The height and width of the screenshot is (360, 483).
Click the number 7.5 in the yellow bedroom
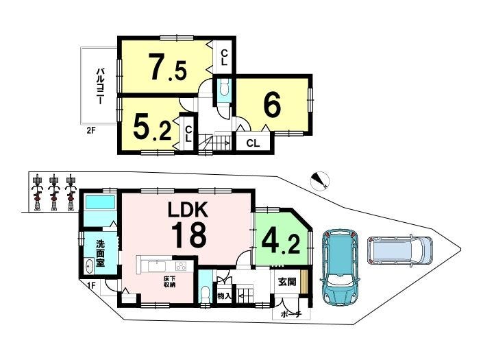(168, 67)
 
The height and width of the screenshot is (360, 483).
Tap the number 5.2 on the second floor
(152, 126)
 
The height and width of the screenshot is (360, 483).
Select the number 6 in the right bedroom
(272, 106)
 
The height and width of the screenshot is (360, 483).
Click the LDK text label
(188, 210)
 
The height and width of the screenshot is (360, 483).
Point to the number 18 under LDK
(188, 235)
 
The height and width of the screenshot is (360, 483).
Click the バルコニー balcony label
(99, 86)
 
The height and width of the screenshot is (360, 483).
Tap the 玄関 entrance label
(287, 282)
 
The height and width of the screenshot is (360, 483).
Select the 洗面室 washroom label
(100, 253)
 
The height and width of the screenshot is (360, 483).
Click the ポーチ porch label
(290, 315)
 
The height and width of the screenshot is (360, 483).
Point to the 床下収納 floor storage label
(169, 282)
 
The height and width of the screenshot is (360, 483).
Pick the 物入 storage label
(224, 296)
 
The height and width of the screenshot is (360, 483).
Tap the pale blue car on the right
(399, 250)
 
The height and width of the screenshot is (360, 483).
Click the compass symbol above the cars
(320, 180)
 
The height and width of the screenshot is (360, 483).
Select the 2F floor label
(91, 130)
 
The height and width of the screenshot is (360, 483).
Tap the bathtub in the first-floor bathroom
(101, 202)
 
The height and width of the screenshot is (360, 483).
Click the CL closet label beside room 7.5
(224, 58)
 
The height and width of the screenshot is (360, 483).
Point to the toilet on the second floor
(223, 88)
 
